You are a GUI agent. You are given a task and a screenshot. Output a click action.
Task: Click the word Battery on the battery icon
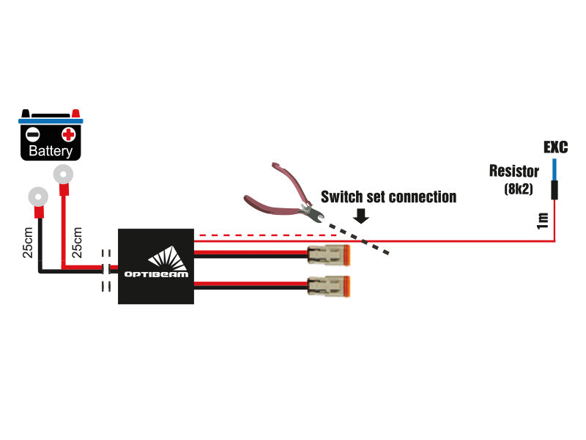pyautogui.click(x=51, y=152)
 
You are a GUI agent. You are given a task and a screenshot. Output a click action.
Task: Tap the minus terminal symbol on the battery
pyautogui.click(x=33, y=134)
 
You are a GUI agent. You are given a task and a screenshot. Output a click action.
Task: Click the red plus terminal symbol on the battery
pyautogui.click(x=68, y=134)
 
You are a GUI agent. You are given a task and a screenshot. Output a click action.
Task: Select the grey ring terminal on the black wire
pyautogui.click(x=37, y=197)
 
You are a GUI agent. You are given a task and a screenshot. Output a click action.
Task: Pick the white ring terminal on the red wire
pyautogui.click(x=64, y=174)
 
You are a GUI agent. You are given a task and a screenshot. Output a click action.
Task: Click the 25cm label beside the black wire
pyautogui.click(x=28, y=243)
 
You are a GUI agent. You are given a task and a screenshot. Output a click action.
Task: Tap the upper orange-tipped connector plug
pyautogui.click(x=330, y=256)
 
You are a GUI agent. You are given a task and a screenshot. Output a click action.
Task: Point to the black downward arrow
pyautogui.click(x=360, y=216)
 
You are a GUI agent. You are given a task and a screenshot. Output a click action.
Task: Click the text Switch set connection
pyautogui.click(x=388, y=197)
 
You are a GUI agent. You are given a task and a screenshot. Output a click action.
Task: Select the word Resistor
pyautogui.click(x=514, y=172)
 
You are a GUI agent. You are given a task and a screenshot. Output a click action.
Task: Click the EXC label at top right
pyautogui.click(x=555, y=147)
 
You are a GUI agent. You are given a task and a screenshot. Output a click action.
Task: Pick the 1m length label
pyautogui.click(x=542, y=220)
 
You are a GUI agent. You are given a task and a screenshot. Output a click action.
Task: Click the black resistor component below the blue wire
pyautogui.click(x=555, y=190)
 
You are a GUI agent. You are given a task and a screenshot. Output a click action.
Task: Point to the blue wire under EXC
pyautogui.click(x=555, y=169)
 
